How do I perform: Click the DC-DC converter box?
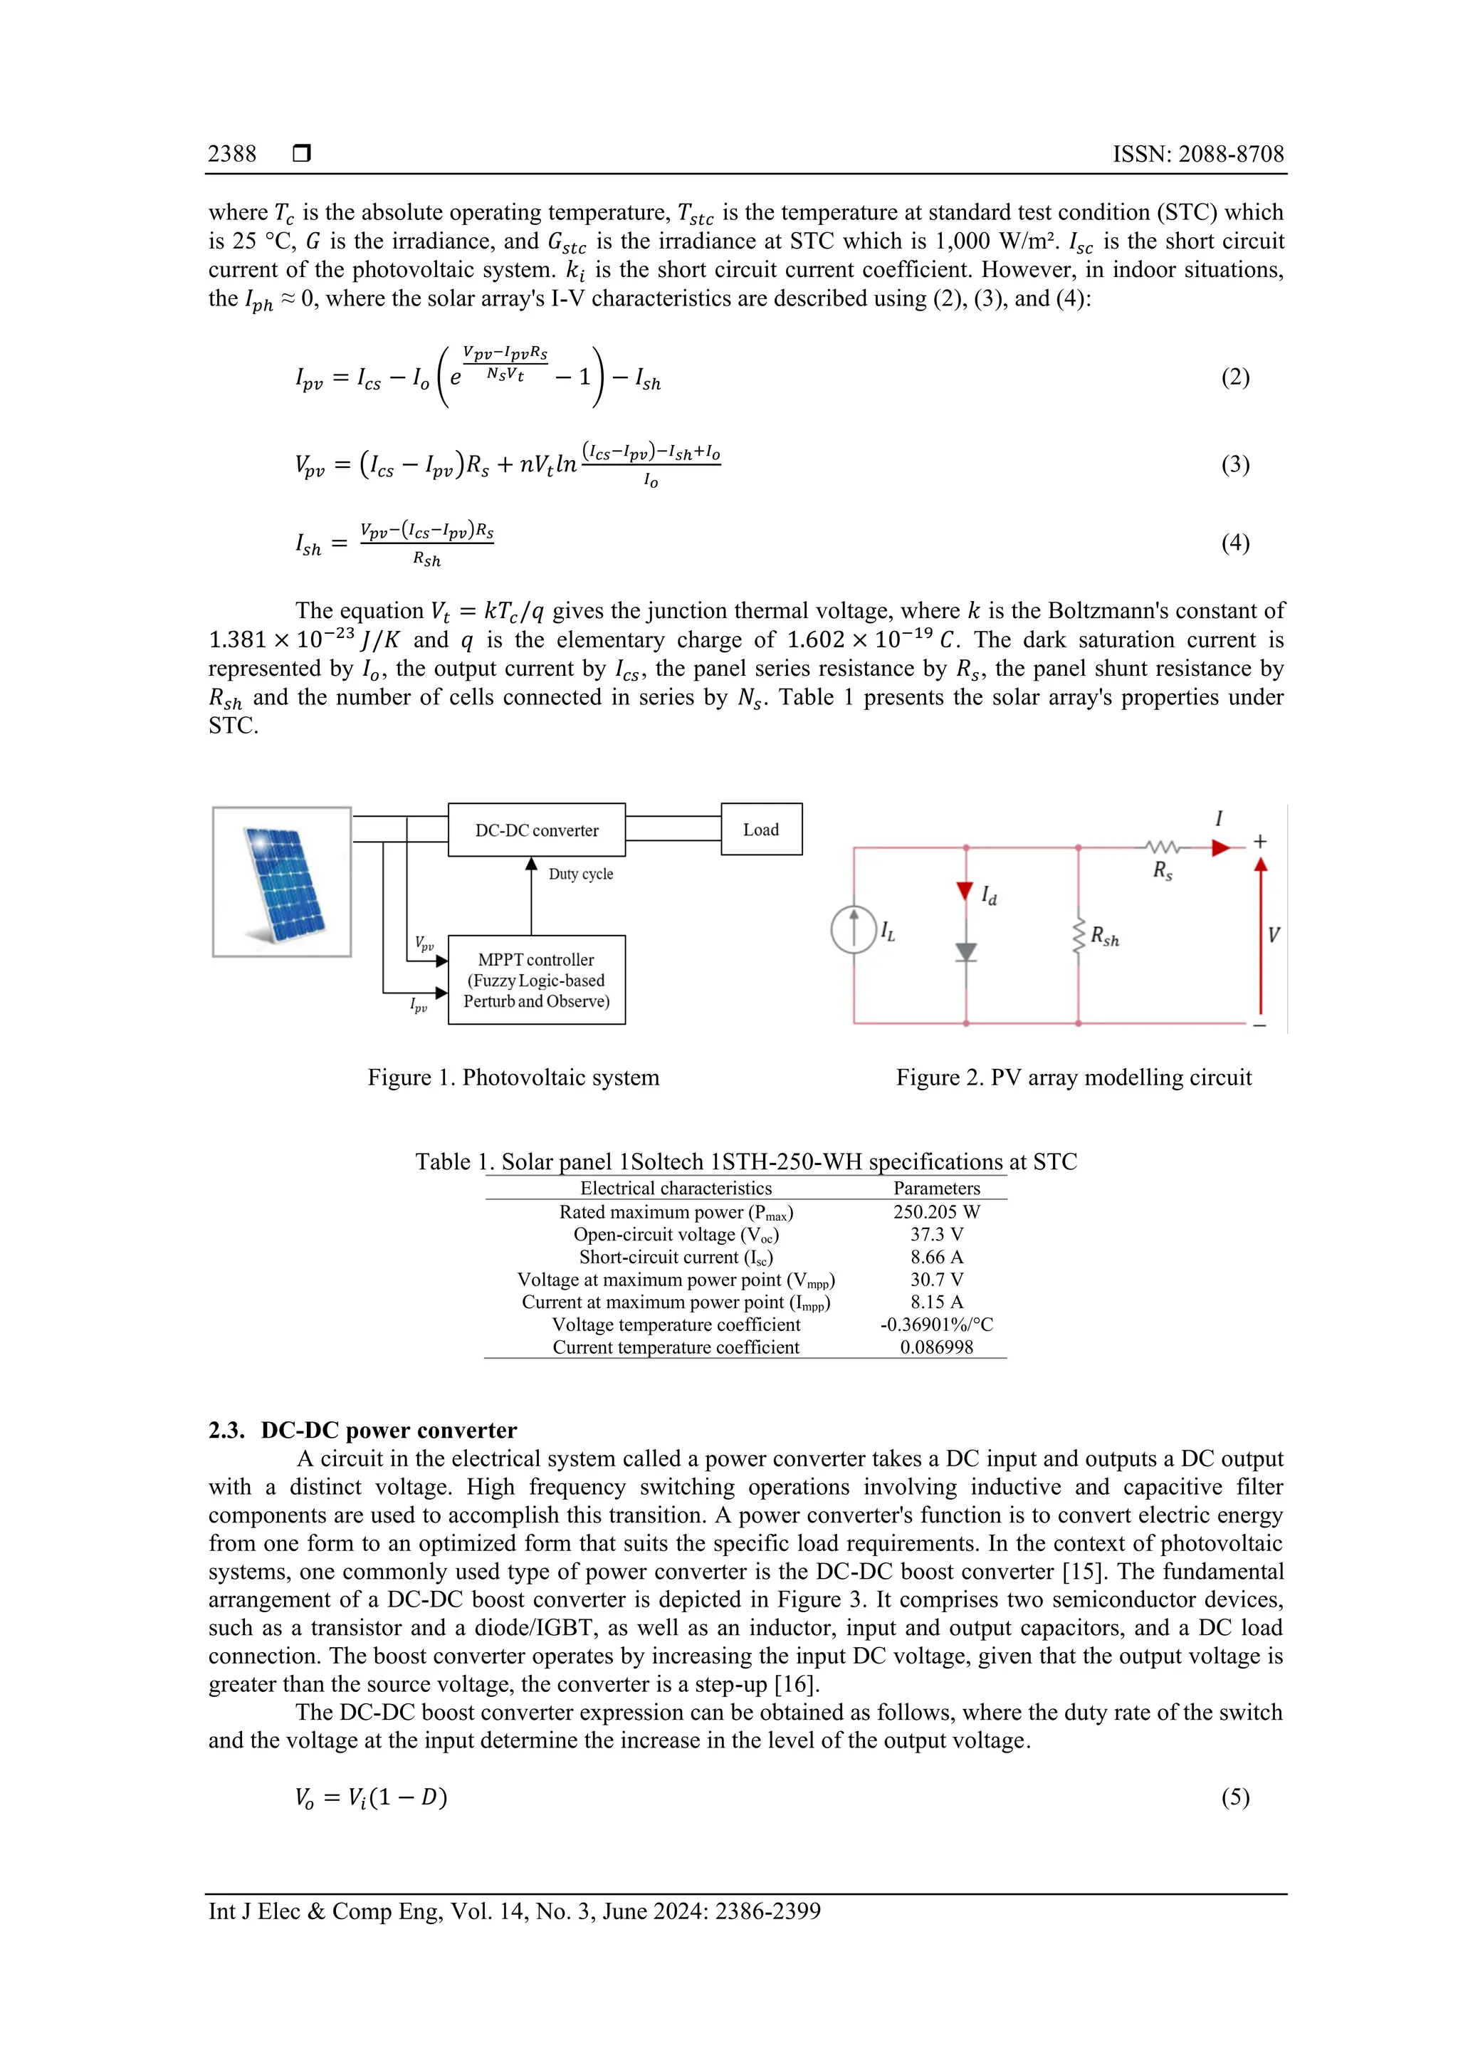(x=536, y=830)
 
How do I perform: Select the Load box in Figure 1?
(x=761, y=830)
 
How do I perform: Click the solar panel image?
(x=282, y=882)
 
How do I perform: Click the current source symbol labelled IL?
(x=854, y=929)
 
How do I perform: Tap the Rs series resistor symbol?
(x=1163, y=847)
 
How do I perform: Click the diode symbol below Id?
(x=966, y=952)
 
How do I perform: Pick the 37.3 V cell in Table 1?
(x=936, y=1235)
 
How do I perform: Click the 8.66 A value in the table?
(x=936, y=1257)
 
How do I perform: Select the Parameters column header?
(x=936, y=1188)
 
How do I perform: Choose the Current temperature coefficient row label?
(x=676, y=1347)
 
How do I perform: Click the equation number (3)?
(x=1234, y=464)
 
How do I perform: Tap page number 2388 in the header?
(x=232, y=154)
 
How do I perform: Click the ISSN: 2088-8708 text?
(x=1197, y=154)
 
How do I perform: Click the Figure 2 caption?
(x=1073, y=1077)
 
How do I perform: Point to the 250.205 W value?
(x=936, y=1212)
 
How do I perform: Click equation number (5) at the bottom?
(x=1234, y=1797)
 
